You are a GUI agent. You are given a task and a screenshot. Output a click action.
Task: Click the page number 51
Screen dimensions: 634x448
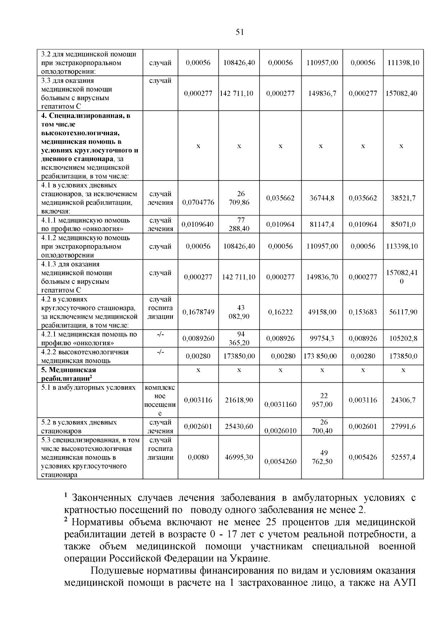click(x=240, y=33)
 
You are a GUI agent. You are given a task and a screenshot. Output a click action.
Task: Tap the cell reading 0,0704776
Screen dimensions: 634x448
click(x=198, y=202)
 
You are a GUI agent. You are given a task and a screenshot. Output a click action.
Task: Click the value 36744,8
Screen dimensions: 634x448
click(x=322, y=198)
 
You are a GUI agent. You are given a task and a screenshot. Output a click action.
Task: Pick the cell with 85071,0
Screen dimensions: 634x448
click(x=403, y=225)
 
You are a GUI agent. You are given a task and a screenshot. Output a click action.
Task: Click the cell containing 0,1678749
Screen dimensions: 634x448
click(x=198, y=312)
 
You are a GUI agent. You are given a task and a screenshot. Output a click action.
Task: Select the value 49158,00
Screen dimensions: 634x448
click(x=322, y=312)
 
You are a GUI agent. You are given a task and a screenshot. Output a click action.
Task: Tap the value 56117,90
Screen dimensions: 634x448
click(x=403, y=312)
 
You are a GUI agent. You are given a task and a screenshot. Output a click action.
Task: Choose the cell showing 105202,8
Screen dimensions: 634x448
click(x=403, y=338)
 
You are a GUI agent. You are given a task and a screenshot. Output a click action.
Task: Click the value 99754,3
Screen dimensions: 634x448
click(x=322, y=338)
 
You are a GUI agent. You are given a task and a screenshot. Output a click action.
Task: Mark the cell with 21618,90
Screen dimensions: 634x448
click(x=239, y=400)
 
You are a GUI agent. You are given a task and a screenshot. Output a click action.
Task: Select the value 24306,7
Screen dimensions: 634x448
click(x=403, y=400)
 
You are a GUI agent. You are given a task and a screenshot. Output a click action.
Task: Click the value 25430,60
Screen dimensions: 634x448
click(x=239, y=426)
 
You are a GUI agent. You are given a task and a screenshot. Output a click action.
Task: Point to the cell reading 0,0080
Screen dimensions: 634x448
click(x=198, y=457)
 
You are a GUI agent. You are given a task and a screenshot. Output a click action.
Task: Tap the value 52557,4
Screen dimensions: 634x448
click(x=403, y=457)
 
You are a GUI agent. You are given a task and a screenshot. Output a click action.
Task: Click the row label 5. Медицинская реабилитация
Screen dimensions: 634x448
click(x=69, y=374)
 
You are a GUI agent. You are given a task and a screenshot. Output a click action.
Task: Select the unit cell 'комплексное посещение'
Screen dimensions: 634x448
click(x=160, y=400)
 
